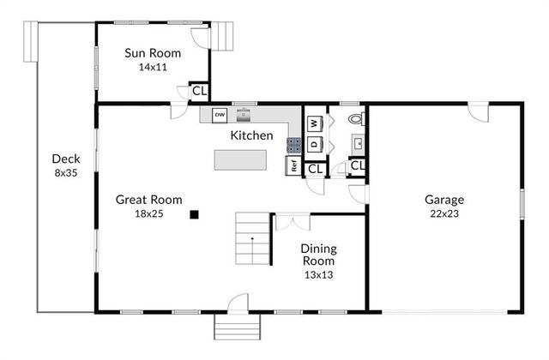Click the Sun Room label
point(152,53)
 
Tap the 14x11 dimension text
point(152,67)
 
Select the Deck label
point(66,159)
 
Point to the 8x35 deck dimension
point(66,172)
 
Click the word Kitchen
point(251,135)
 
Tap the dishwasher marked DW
point(220,114)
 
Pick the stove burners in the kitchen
point(294,146)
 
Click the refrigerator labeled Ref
point(294,166)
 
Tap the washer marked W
point(314,123)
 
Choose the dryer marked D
point(314,144)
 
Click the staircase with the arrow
point(252,239)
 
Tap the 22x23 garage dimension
point(443,213)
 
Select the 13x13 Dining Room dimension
point(318,275)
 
